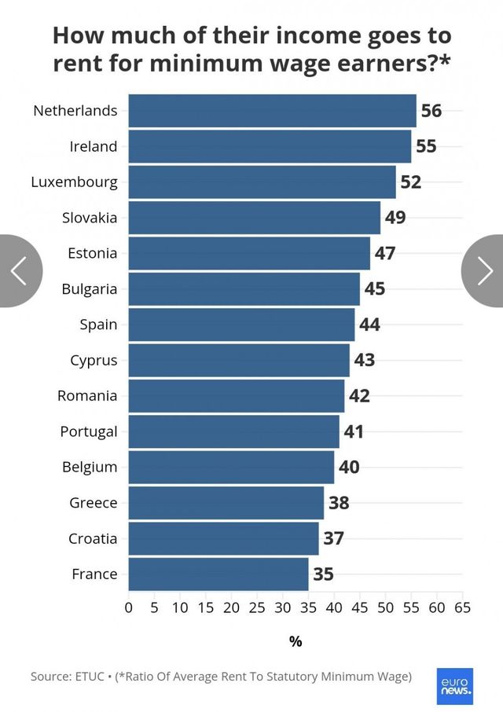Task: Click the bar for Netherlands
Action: coord(272,111)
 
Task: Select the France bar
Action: coord(218,574)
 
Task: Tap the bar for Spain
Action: coord(241,325)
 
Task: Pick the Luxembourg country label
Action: coord(75,182)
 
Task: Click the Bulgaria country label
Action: coord(90,289)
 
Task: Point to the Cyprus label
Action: coord(94,361)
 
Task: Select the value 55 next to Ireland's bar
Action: coord(426,147)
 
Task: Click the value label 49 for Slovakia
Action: coord(395,218)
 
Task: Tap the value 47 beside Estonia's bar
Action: coord(385,254)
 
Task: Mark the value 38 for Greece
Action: coord(339,503)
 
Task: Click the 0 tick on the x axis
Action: coord(129,607)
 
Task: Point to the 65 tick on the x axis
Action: coord(462,607)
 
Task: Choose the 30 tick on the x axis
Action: coord(283,607)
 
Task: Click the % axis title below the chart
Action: coord(296,642)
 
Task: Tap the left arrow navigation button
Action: coord(19,271)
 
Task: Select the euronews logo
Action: coord(456,686)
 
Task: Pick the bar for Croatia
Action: coord(223,539)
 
